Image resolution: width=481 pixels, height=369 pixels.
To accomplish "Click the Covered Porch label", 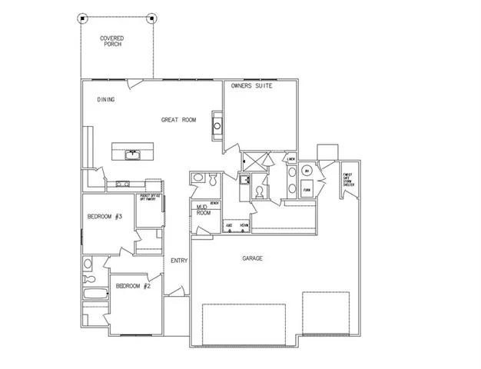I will (x=112, y=41).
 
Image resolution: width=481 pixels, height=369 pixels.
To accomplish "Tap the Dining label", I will (x=105, y=99).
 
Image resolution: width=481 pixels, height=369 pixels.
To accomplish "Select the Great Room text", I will (x=178, y=120).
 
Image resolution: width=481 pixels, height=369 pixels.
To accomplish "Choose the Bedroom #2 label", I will (x=131, y=286).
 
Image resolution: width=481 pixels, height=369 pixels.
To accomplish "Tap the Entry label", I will (x=179, y=261).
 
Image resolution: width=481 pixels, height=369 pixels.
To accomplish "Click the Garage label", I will (x=252, y=258).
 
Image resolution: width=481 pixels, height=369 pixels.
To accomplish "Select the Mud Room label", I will (x=203, y=210).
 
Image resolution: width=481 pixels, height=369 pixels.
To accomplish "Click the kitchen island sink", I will (x=133, y=153).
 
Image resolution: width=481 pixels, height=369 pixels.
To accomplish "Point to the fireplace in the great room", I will (x=217, y=126).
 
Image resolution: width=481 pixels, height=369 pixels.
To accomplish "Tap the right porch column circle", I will (x=152, y=18).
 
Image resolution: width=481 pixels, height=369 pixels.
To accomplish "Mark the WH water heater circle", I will (x=307, y=171).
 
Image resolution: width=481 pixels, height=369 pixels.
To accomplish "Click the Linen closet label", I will (x=291, y=160).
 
